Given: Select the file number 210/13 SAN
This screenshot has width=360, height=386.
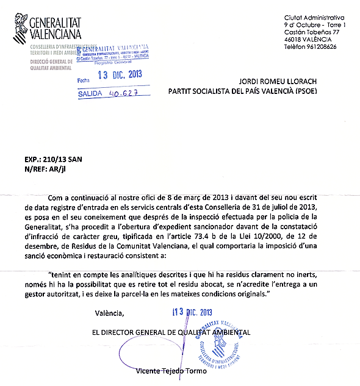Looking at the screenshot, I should click(x=67, y=155).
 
